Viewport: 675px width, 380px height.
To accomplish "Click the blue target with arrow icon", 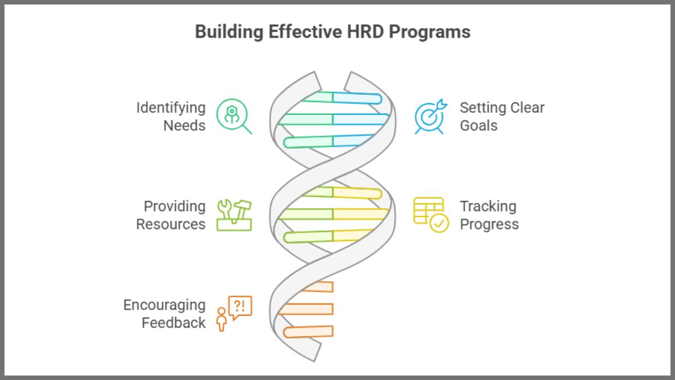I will click(430, 116).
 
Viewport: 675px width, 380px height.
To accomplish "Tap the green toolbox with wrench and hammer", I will click(235, 214).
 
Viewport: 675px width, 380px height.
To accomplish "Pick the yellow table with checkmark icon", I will click(431, 214).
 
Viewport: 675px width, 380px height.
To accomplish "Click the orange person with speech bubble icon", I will click(234, 313).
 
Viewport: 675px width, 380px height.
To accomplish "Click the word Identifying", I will click(170, 108).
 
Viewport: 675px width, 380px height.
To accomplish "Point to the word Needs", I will click(184, 126).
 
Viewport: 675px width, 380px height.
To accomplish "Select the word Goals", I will click(479, 126).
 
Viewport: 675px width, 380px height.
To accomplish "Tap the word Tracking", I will click(488, 206).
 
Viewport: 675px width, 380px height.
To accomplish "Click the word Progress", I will click(489, 224).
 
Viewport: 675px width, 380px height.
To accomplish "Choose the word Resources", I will click(170, 224).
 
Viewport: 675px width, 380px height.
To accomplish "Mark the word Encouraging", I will click(164, 305).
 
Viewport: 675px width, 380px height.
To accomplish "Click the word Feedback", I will click(173, 323).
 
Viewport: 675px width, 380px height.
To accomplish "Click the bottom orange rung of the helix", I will click(308, 332).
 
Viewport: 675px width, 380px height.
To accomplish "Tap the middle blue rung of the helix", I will click(360, 119).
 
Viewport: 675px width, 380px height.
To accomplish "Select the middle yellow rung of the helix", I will click(360, 214).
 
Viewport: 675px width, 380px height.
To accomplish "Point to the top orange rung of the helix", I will click(318, 287).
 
